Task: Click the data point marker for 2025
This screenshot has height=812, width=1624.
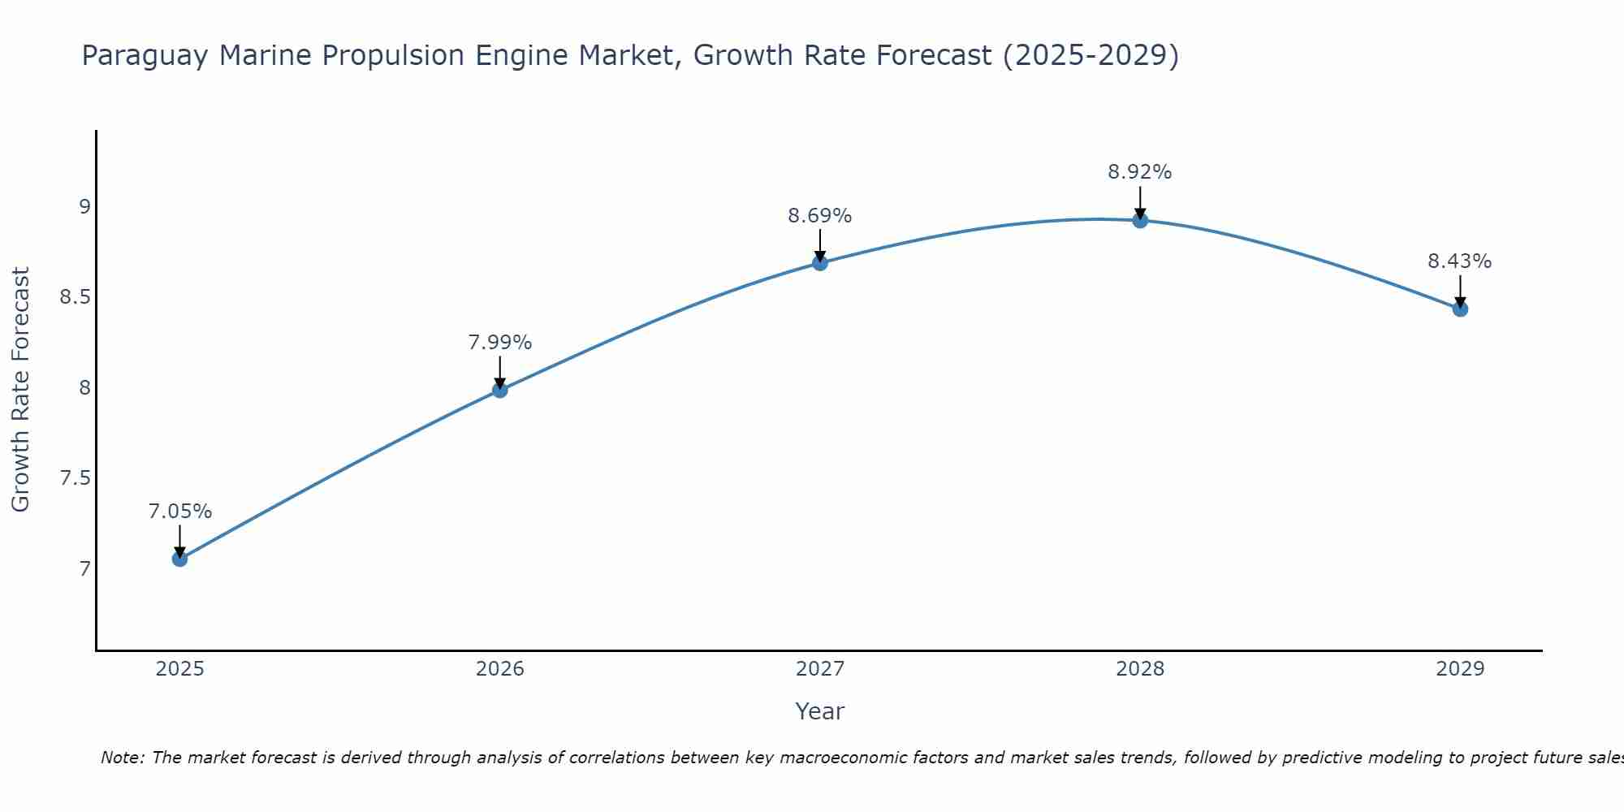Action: pos(180,559)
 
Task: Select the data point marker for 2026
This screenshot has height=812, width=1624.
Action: pos(500,390)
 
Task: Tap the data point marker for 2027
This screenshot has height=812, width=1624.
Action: pos(820,262)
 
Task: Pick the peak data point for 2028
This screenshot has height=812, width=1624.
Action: pos(1140,220)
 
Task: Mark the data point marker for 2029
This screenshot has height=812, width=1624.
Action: pos(1460,309)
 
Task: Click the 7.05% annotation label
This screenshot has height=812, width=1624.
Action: pos(180,512)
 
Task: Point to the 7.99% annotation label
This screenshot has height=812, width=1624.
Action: pos(500,343)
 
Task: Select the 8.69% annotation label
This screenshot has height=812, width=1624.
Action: pos(820,216)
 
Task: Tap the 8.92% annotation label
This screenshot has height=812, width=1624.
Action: pos(1140,172)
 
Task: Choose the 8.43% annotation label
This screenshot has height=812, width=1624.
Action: pos(1460,261)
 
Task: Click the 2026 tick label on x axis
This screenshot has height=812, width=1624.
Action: pos(500,669)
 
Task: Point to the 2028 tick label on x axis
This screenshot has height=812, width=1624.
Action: pos(1140,669)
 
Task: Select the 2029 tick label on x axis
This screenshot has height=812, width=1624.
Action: pos(1460,669)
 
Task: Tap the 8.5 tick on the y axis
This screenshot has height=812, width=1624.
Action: pos(75,297)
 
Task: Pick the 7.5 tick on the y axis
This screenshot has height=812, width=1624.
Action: pos(75,478)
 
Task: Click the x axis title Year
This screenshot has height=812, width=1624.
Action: pos(820,711)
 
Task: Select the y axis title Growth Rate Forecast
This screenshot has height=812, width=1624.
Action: pos(20,390)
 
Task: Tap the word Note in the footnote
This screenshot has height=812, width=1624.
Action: pos(122,758)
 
